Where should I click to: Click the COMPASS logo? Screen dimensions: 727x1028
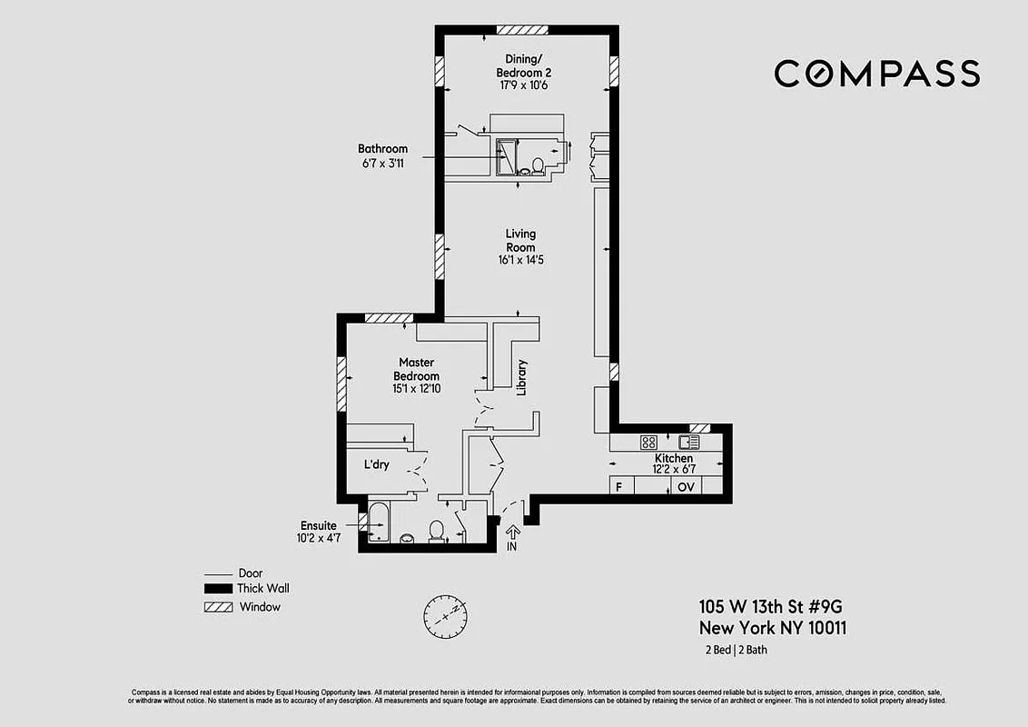[x=876, y=74]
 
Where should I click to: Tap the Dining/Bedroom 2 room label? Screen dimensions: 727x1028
[x=523, y=66]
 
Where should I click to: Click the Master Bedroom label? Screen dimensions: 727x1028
[x=416, y=369]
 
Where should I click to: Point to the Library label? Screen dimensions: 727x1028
[x=521, y=377]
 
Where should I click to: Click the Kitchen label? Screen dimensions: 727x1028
[x=674, y=459]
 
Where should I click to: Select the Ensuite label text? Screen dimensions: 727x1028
[x=319, y=525]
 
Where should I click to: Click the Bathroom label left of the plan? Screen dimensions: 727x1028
[x=382, y=149]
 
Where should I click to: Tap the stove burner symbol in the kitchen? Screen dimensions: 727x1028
[x=648, y=443]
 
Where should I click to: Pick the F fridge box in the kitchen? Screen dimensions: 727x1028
[x=619, y=487]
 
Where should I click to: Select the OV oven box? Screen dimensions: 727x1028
[x=686, y=487]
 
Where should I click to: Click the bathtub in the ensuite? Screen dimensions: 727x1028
[x=379, y=523]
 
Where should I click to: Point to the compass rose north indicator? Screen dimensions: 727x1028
[x=445, y=616]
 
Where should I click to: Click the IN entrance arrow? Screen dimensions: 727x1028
[x=511, y=537]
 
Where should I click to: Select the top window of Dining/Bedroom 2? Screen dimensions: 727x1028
[x=522, y=30]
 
